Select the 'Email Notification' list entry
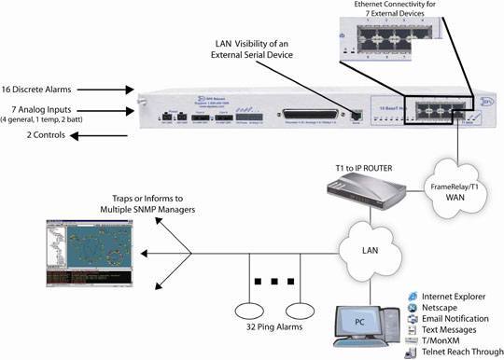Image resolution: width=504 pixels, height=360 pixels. (462, 319)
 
